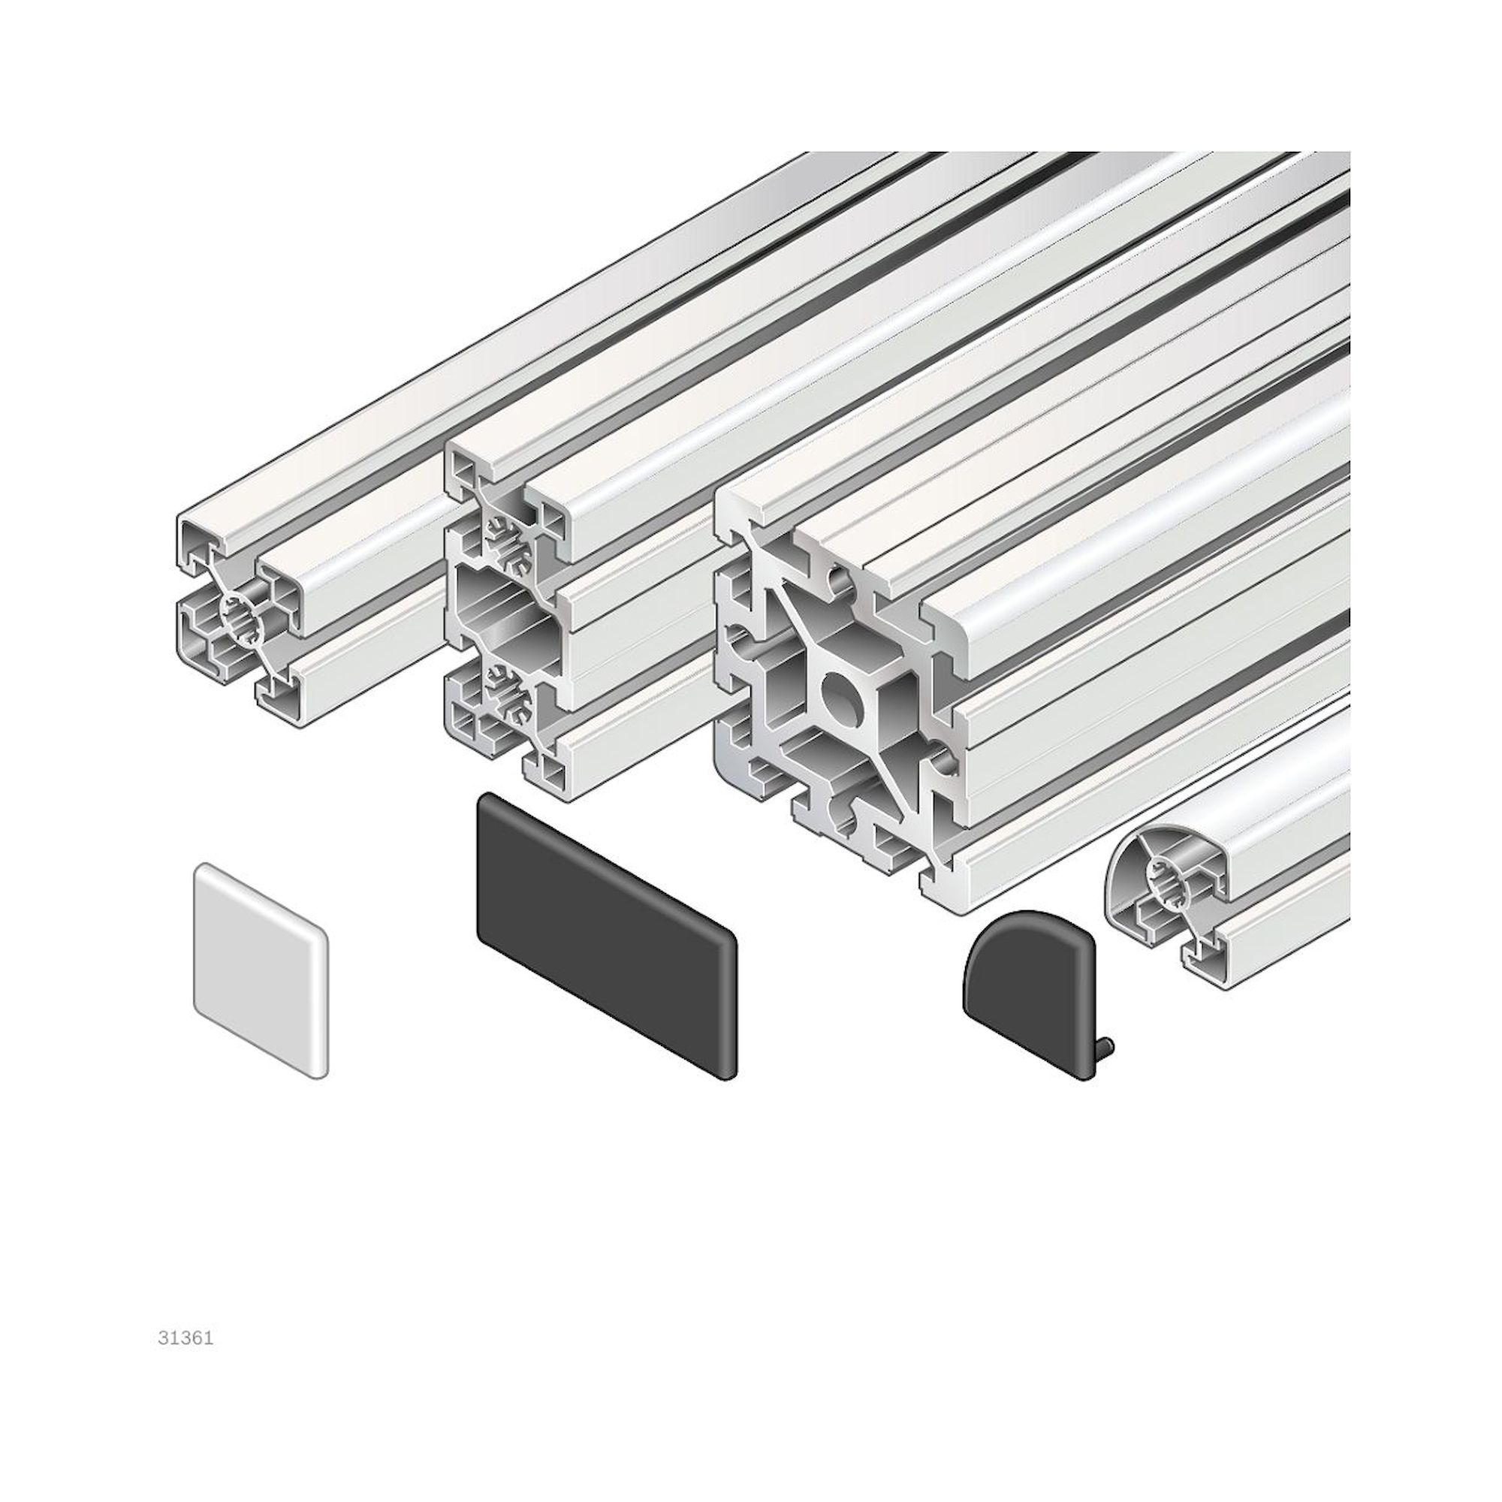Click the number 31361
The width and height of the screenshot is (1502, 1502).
point(185,1339)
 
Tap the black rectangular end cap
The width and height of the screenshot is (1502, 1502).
point(605,934)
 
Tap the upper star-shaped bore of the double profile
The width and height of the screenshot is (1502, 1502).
point(509,536)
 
